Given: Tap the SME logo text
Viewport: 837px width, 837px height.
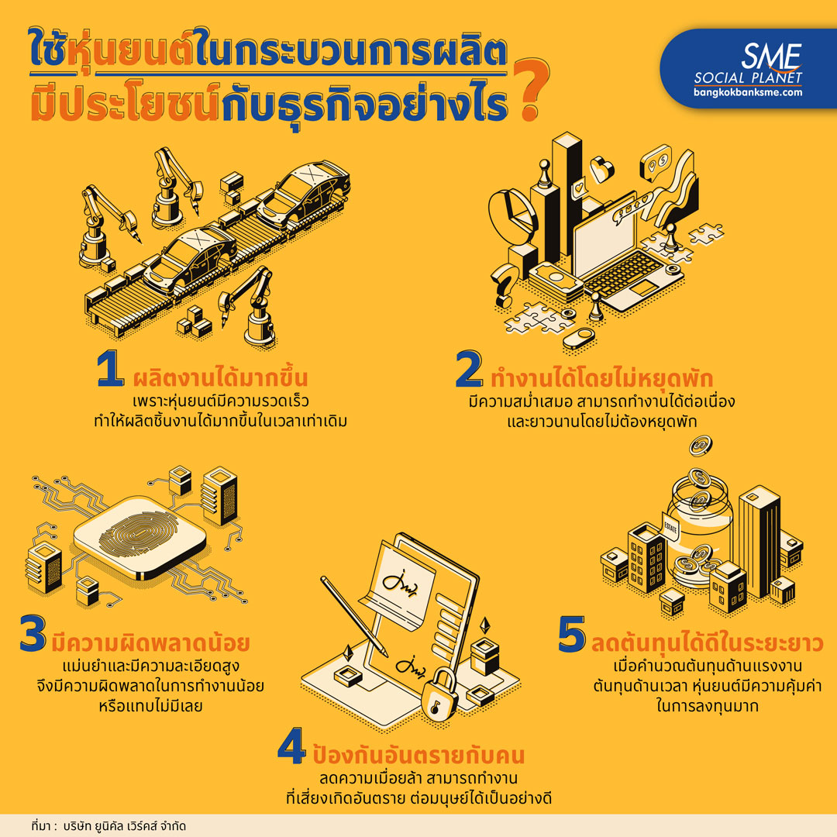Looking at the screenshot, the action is [x=771, y=57].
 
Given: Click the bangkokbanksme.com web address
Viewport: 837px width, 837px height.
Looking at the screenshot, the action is [x=748, y=91].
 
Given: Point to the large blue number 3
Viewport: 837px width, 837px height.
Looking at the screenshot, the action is [x=33, y=633].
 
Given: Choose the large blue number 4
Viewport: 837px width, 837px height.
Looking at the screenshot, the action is [x=291, y=746].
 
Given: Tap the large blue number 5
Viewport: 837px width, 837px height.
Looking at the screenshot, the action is [x=572, y=634].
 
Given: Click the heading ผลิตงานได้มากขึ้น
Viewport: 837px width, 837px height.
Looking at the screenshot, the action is [x=220, y=377].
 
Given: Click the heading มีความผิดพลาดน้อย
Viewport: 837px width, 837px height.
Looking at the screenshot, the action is [x=150, y=642].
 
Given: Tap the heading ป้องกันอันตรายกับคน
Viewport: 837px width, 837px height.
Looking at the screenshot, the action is [x=418, y=754].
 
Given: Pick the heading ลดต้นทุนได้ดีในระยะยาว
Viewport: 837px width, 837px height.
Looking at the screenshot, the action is [x=708, y=643].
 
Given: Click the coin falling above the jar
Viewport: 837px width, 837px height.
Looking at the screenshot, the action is [x=701, y=444].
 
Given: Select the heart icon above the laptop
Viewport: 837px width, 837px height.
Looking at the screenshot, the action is [x=601, y=169].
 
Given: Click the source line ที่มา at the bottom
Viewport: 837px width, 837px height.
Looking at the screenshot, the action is [x=108, y=826].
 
